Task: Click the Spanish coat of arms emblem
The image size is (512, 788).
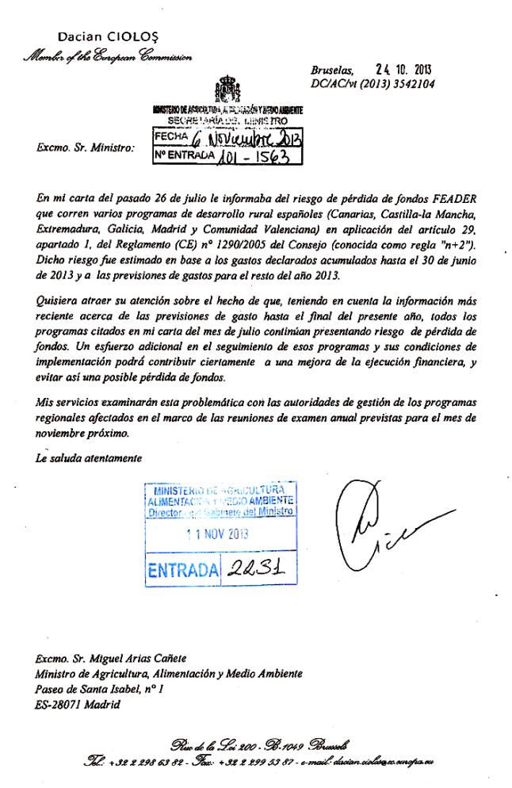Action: pyautogui.click(x=225, y=89)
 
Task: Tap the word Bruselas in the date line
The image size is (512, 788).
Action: pyautogui.click(x=333, y=70)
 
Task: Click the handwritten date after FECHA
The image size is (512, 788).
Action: pyautogui.click(x=246, y=140)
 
